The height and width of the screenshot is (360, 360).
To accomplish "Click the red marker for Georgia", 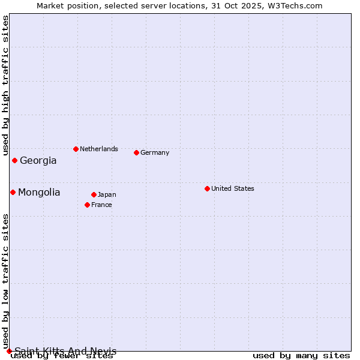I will pyautogui.click(x=14, y=160).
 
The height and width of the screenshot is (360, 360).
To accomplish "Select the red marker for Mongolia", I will pyautogui.click(x=13, y=192).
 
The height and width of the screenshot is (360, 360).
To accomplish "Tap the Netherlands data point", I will pyautogui.click(x=76, y=149).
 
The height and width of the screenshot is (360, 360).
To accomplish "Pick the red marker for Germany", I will pyautogui.click(x=136, y=152).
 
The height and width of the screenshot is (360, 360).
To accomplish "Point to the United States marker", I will pyautogui.click(x=207, y=188).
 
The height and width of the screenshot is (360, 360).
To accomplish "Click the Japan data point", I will pyautogui.click(x=94, y=194).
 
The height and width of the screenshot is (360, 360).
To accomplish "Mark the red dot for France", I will pyautogui.click(x=87, y=205).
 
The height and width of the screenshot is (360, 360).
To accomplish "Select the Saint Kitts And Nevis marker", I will pyautogui.click(x=9, y=351).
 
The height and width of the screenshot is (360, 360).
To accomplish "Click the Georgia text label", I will pyautogui.click(x=38, y=161).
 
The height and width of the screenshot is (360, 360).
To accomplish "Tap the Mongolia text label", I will pyautogui.click(x=39, y=193).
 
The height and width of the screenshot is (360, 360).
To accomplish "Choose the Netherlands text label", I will pyautogui.click(x=99, y=149).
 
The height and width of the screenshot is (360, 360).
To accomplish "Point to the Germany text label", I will pyautogui.click(x=155, y=152).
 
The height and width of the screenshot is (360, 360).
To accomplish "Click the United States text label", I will pyautogui.click(x=233, y=188).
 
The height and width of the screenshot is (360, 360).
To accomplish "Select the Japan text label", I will pyautogui.click(x=107, y=194).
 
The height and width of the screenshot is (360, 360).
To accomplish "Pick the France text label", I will pyautogui.click(x=101, y=205).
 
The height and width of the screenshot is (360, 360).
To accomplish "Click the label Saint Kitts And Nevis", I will pyautogui.click(x=65, y=351).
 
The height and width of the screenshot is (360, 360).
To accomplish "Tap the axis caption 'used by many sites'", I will pyautogui.click(x=301, y=356).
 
